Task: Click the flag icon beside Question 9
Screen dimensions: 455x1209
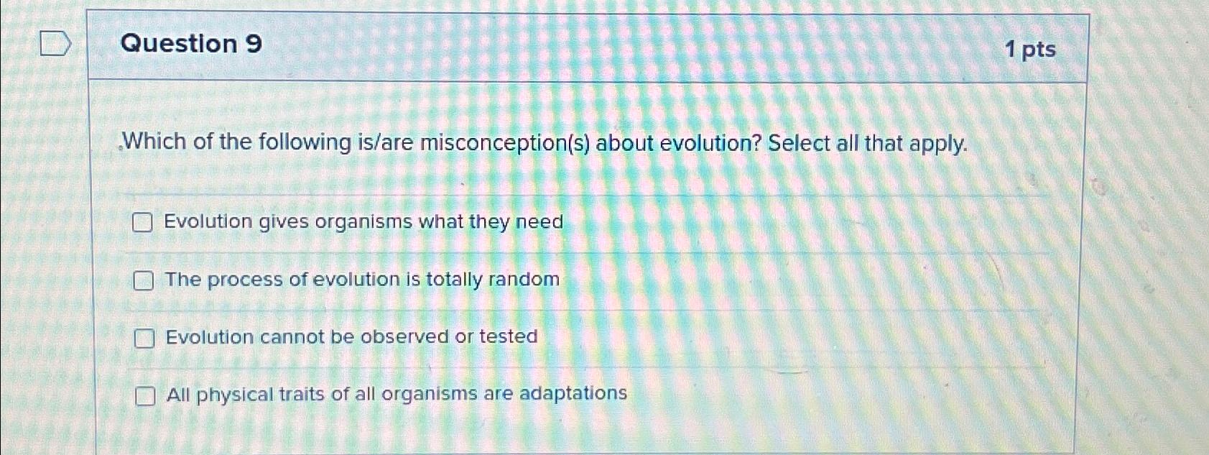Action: coord(55,44)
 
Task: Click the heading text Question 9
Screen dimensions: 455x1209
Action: coord(191,44)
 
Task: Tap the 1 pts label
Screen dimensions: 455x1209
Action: coord(1030,50)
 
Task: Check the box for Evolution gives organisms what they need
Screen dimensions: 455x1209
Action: coord(142,223)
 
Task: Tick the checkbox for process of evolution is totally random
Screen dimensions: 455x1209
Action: coord(143,280)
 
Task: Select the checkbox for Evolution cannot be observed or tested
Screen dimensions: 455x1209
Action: coord(144,338)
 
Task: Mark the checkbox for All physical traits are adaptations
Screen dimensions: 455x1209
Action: coord(145,395)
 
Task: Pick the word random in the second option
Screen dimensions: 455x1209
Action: coord(524,279)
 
